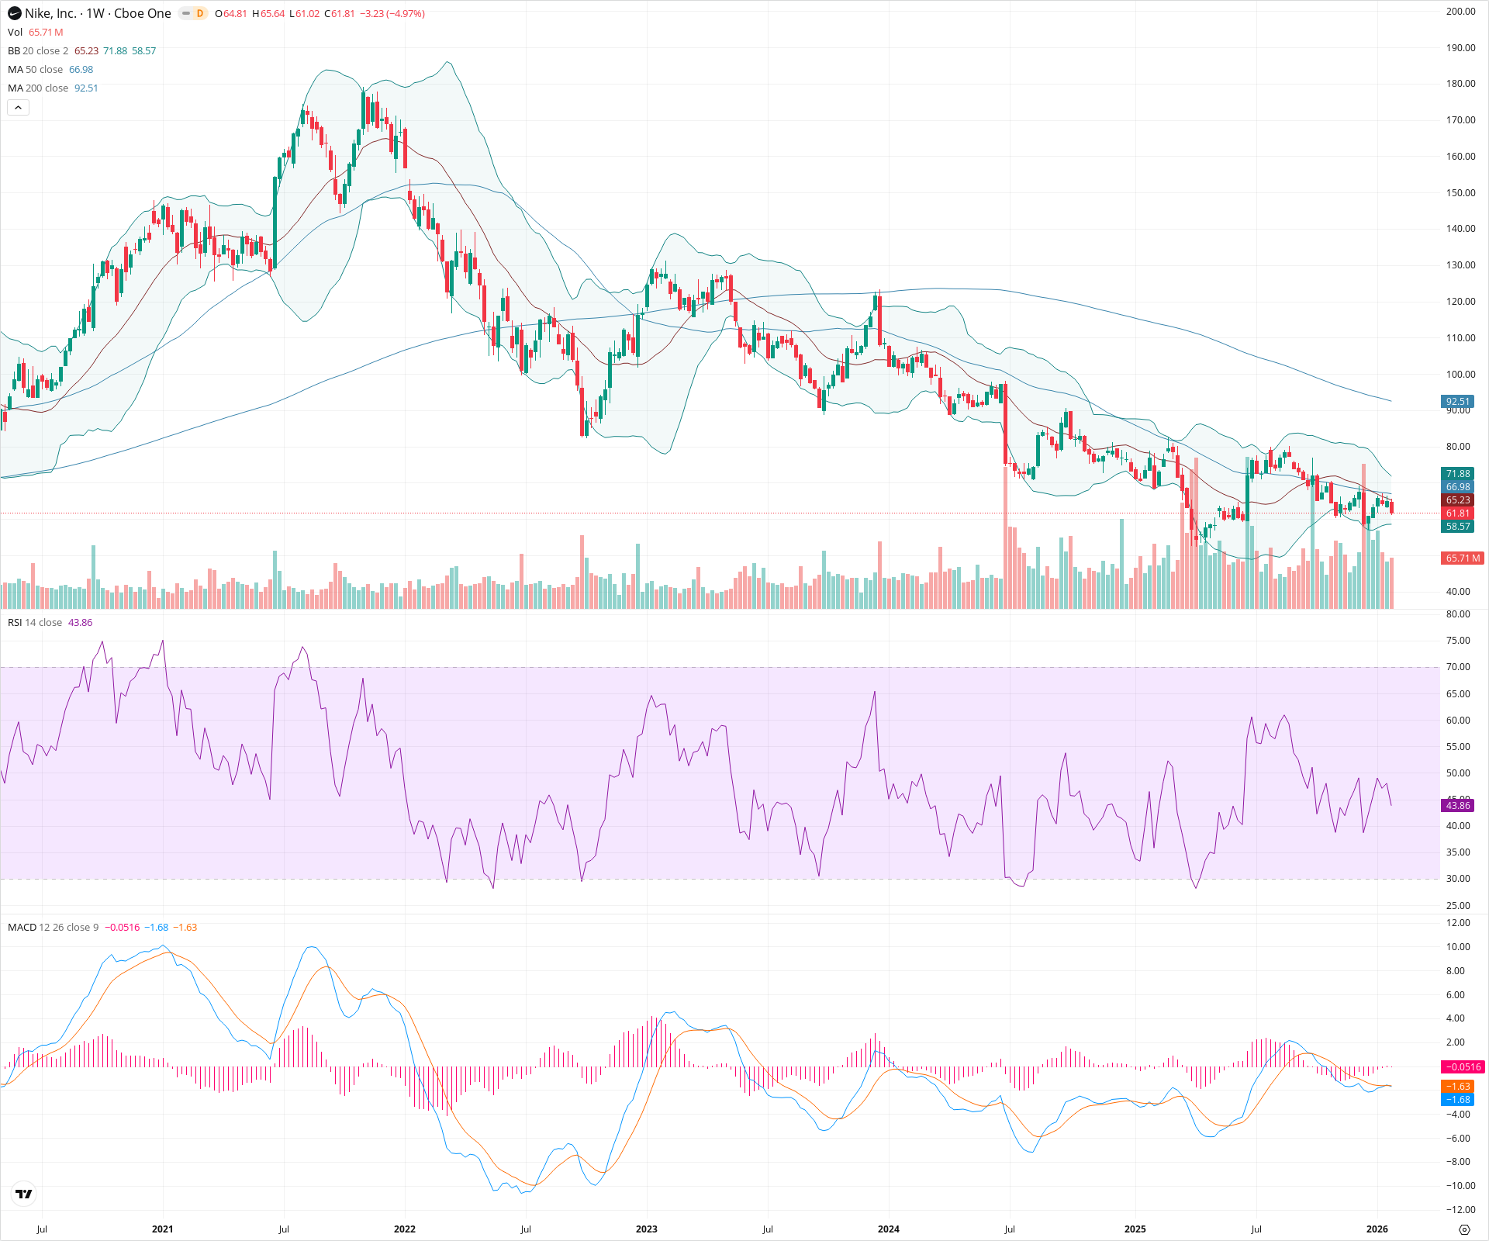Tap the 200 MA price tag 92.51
[x=1457, y=401]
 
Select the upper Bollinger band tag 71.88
[x=1457, y=473]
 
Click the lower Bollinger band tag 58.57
[x=1457, y=526]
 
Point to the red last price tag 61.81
[x=1457, y=513]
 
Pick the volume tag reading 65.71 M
[x=1462, y=558]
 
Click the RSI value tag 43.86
[x=1457, y=805]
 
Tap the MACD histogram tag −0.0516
[x=1462, y=1066]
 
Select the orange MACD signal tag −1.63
[x=1458, y=1086]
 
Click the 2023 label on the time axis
[x=646, y=1229]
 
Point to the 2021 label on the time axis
[x=162, y=1229]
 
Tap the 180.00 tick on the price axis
[x=1460, y=84]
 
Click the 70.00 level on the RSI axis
[x=1458, y=667]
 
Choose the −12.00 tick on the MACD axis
[x=1458, y=1209]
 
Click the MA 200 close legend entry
[x=38, y=88]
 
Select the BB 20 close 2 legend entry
[x=38, y=50]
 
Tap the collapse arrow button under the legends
[x=18, y=108]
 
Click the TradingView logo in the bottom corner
[x=24, y=1194]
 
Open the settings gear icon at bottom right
[x=1464, y=1229]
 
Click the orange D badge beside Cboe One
[x=200, y=13]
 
